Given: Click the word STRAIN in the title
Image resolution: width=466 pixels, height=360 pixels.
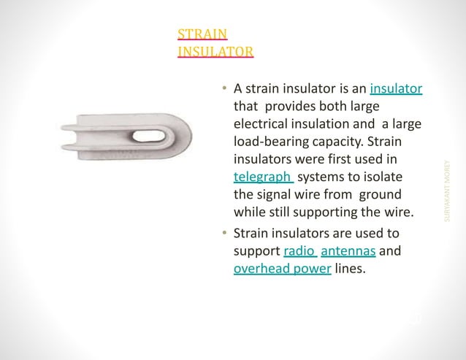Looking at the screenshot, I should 202,34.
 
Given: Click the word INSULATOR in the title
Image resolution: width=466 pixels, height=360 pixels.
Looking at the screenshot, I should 215,51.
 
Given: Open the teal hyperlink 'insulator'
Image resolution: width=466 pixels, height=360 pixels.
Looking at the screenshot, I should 397,89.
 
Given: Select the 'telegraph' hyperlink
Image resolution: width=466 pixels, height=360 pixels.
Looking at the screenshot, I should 263,177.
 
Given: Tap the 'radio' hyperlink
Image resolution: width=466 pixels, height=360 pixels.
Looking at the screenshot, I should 299,252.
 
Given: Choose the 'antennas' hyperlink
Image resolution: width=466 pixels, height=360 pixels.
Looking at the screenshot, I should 348,252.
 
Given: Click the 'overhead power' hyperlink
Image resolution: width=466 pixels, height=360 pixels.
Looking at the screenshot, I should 282,269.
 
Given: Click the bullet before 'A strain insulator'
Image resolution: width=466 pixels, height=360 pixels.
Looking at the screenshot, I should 225,89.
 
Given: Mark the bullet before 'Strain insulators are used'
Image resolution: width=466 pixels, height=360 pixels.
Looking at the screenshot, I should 225,234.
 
